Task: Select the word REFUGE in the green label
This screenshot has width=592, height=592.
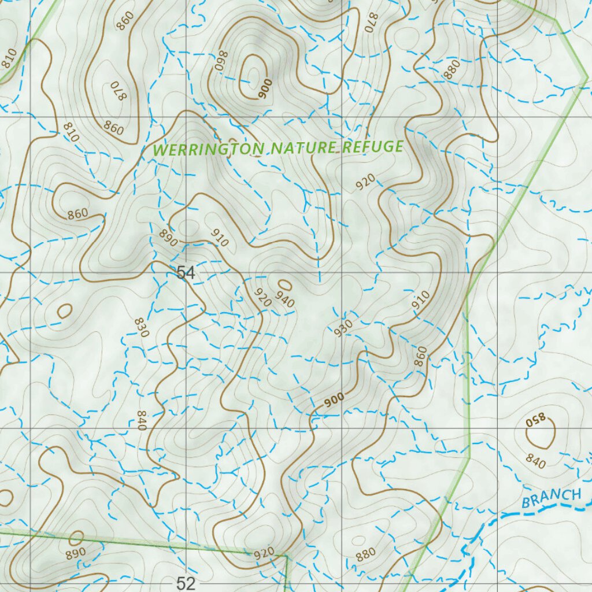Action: click(373, 146)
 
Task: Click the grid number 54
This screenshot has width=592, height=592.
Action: click(186, 273)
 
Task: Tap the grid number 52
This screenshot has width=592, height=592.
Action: click(186, 583)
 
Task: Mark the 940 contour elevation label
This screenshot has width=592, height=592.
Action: click(285, 300)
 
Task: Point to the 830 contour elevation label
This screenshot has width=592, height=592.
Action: click(142, 327)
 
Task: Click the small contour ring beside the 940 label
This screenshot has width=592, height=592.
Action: click(285, 284)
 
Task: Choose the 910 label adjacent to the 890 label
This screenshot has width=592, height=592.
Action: click(220, 238)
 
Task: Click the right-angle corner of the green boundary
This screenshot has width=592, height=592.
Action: click(287, 557)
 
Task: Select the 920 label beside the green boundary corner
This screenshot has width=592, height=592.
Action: click(264, 553)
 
